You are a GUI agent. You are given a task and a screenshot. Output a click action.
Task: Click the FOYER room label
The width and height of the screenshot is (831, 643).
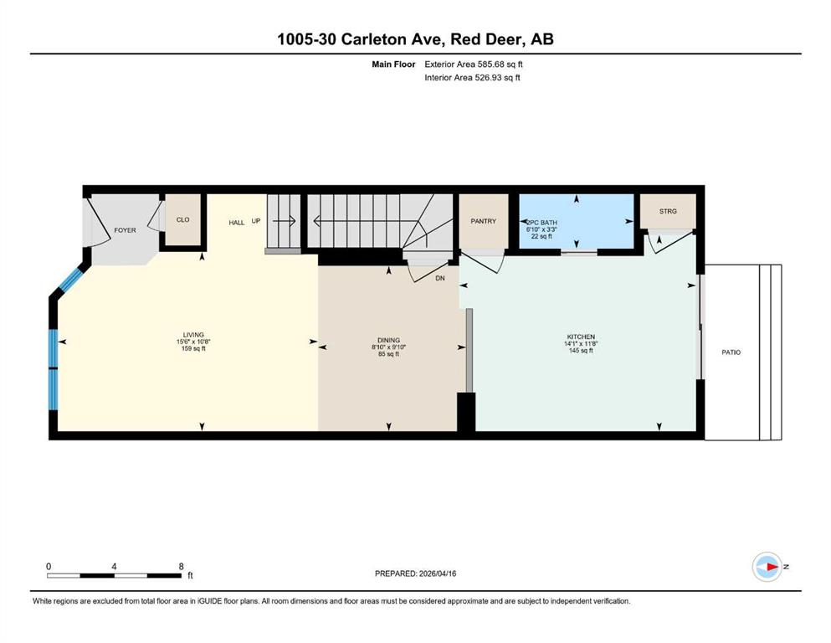pos(125,230)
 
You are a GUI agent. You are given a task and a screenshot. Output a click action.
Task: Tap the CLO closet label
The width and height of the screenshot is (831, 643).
pos(182,219)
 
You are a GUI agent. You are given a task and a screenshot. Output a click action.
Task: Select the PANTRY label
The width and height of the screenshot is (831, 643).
pos(484,221)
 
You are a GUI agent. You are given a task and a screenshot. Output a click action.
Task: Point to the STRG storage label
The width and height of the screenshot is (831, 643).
pos(668,211)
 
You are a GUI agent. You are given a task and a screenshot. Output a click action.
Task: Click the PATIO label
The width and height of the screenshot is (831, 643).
pos(731,352)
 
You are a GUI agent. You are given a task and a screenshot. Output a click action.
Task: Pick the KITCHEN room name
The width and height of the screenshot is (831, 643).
pos(581,337)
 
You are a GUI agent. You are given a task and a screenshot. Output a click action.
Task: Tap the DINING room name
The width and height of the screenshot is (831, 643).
pos(388,340)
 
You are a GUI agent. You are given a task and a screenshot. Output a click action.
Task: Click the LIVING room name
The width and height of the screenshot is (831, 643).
pos(193,335)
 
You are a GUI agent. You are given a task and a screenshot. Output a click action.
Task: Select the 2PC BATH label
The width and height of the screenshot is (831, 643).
pos(541,223)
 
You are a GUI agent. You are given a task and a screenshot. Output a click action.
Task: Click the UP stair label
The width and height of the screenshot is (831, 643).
pos(256,220)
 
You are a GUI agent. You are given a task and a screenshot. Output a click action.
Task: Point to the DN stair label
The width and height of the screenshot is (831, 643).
pos(440,278)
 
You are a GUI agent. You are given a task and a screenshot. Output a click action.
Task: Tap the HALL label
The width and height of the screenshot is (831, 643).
pos(236,223)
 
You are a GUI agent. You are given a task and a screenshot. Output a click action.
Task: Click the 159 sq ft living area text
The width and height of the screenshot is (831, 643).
pos(193,349)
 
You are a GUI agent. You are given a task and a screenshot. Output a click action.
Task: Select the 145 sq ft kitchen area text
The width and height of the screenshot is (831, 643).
pos(581,351)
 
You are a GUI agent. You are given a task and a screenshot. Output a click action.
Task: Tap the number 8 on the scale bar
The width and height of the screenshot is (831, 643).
pos(182,566)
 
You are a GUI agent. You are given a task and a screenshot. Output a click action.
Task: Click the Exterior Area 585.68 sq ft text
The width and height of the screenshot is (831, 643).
pos(474,64)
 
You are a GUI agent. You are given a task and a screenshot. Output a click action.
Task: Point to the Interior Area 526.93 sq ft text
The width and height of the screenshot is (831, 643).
pos(472,77)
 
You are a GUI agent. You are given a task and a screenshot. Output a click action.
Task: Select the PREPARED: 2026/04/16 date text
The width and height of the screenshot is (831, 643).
pos(415,574)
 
